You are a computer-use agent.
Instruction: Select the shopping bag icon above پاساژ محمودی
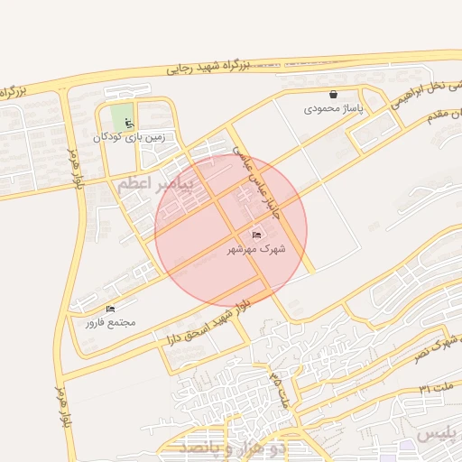[x=333, y=94]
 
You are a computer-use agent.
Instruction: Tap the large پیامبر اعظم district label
[x=155, y=185]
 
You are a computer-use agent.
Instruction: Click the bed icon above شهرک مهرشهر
[x=257, y=235]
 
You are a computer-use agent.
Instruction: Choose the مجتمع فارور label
[x=110, y=322]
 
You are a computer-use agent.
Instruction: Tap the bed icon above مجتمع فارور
[x=110, y=310]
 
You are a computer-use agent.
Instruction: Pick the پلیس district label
[x=440, y=435]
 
